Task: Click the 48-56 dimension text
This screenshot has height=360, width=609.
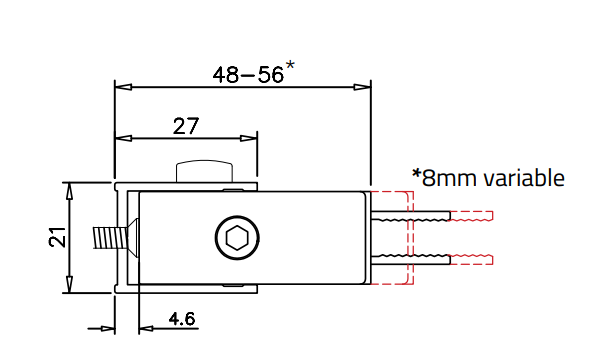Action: (247, 74)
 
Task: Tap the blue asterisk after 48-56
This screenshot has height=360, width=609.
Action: (290, 66)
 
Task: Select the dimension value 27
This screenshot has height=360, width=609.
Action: (186, 126)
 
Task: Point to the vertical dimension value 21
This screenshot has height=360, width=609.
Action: (58, 238)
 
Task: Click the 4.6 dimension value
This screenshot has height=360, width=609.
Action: (182, 319)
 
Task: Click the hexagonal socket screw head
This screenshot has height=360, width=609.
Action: (236, 239)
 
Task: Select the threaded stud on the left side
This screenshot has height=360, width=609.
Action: (106, 239)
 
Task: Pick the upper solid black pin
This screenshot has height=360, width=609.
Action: (411, 215)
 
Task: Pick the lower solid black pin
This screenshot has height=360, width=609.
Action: (411, 260)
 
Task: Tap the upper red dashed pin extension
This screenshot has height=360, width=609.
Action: (474, 215)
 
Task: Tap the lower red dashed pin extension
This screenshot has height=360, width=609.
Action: (474, 260)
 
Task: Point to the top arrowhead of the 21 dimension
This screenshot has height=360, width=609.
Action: (69, 189)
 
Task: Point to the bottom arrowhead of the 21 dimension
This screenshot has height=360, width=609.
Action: (69, 287)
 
